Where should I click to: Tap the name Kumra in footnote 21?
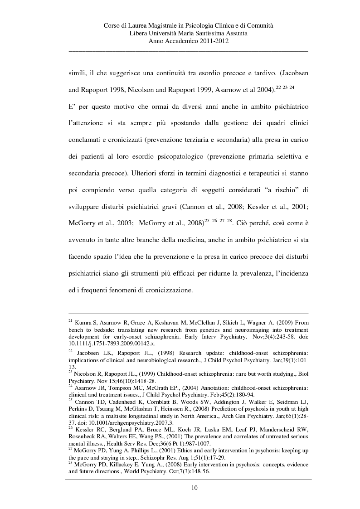click(83, 322)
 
